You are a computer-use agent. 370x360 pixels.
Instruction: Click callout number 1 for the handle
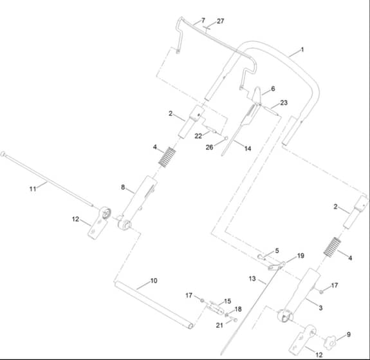(x=302, y=50)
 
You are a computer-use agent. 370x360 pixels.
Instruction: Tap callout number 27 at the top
(x=221, y=21)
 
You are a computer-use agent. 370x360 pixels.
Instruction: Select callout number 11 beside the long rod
(x=33, y=189)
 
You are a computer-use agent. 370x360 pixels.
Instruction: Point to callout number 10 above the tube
(x=154, y=281)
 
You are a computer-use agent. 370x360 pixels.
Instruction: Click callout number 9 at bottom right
(x=349, y=334)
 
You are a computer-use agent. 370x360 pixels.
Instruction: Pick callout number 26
(x=209, y=147)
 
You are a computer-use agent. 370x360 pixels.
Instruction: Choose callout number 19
(x=301, y=256)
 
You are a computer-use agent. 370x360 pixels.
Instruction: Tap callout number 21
(x=219, y=325)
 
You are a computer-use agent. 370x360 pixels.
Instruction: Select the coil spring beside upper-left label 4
(x=167, y=157)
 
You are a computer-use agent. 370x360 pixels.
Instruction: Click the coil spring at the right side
(x=332, y=247)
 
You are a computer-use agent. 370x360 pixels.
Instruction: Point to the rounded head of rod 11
(x=3, y=154)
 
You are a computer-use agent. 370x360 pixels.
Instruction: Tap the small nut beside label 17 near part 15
(x=202, y=300)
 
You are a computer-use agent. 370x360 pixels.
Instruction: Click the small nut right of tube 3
(x=321, y=292)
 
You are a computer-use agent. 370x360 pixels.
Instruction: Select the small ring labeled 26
(x=226, y=138)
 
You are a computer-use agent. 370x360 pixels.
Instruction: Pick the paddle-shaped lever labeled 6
(x=257, y=95)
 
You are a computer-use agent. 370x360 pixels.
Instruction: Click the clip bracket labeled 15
(x=216, y=308)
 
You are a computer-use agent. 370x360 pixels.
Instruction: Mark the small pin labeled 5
(x=261, y=256)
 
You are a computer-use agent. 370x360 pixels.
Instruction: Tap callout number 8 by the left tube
(x=123, y=187)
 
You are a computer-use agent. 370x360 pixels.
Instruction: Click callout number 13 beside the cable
(x=252, y=279)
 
